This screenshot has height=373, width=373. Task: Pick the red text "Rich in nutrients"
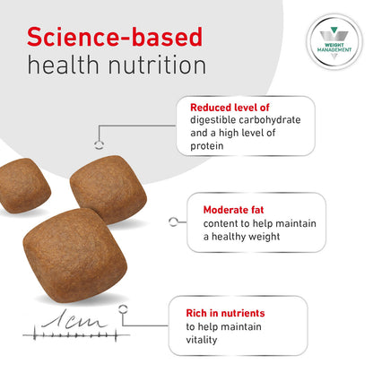coord(219,313)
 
